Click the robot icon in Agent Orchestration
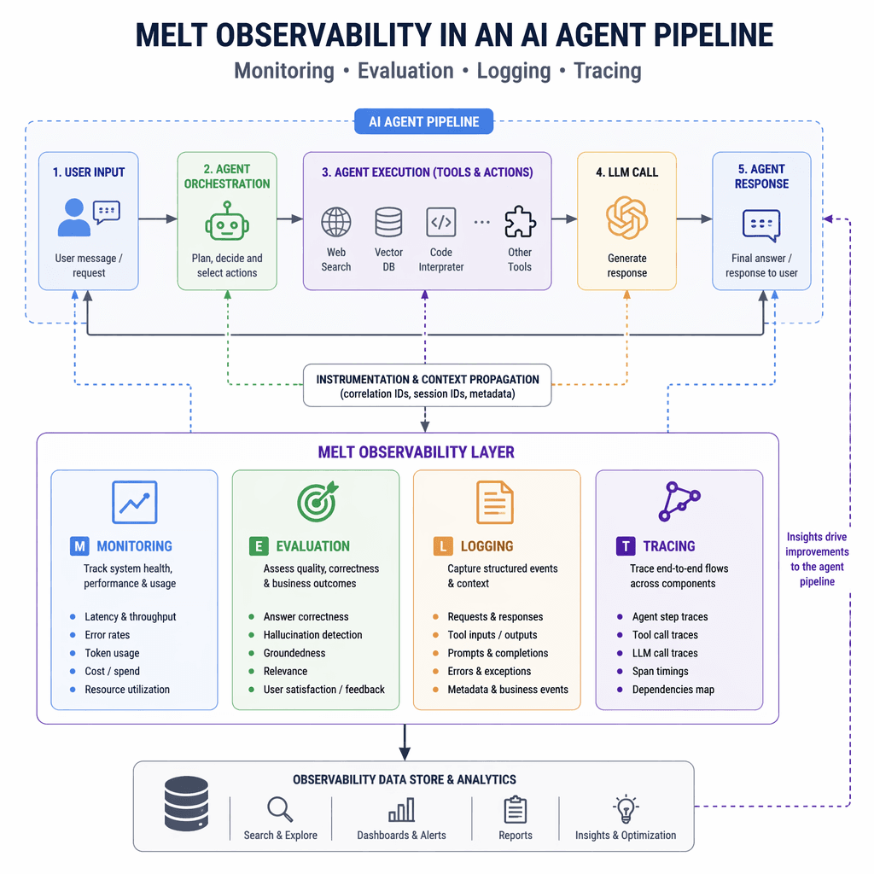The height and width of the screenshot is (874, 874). tap(227, 220)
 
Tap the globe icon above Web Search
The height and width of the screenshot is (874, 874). tap(335, 222)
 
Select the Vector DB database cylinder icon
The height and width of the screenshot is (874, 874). tap(388, 222)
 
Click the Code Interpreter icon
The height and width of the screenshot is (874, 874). tap(440, 222)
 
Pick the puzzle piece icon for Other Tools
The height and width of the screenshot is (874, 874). tap(520, 222)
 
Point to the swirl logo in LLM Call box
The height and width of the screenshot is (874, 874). tap(626, 218)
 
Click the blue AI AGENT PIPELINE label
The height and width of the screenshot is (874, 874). tap(424, 122)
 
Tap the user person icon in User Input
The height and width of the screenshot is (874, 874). tap(74, 218)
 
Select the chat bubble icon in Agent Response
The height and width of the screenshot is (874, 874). tap(760, 224)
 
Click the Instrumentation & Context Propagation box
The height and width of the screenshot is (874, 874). tap(428, 387)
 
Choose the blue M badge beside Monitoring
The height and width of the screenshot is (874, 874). tap(79, 546)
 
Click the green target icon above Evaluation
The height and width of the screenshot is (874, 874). tap(317, 501)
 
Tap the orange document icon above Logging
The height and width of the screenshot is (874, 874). tap(494, 502)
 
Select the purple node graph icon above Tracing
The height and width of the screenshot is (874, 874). tap(679, 501)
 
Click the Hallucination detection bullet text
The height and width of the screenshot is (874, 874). tap(312, 635)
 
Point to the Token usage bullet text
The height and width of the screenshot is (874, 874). tap(112, 653)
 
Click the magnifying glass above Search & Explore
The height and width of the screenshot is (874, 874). tap(279, 808)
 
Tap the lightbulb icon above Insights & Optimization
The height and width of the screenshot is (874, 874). tap(626, 808)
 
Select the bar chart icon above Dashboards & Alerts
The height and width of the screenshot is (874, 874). tap(401, 809)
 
